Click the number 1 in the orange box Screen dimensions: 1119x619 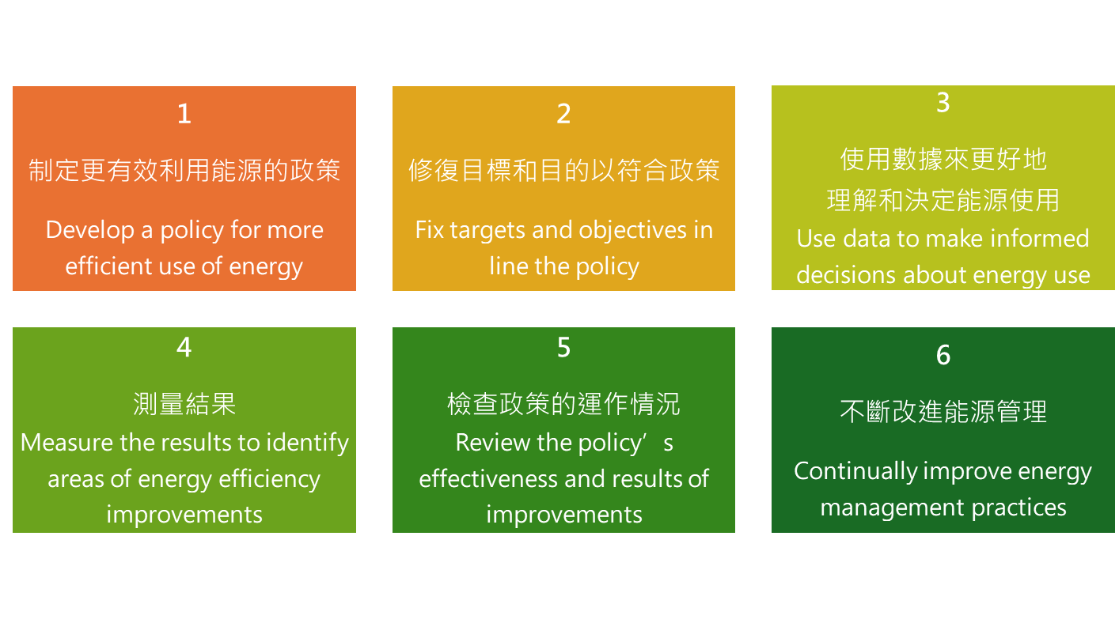coord(184,114)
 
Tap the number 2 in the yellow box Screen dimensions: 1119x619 coord(563,114)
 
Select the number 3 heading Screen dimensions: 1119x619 coord(943,102)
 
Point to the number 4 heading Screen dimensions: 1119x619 coord(184,347)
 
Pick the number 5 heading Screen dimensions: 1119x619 coord(563,347)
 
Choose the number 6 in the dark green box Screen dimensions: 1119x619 coord(943,356)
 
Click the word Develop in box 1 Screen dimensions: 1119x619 coord(90,231)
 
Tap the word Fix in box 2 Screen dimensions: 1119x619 coord(429,229)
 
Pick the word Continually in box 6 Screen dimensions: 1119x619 coord(855,472)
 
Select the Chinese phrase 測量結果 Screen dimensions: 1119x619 coord(184,404)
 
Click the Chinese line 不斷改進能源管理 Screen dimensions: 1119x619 coord(943,412)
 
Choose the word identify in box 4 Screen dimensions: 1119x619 coord(307,443)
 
